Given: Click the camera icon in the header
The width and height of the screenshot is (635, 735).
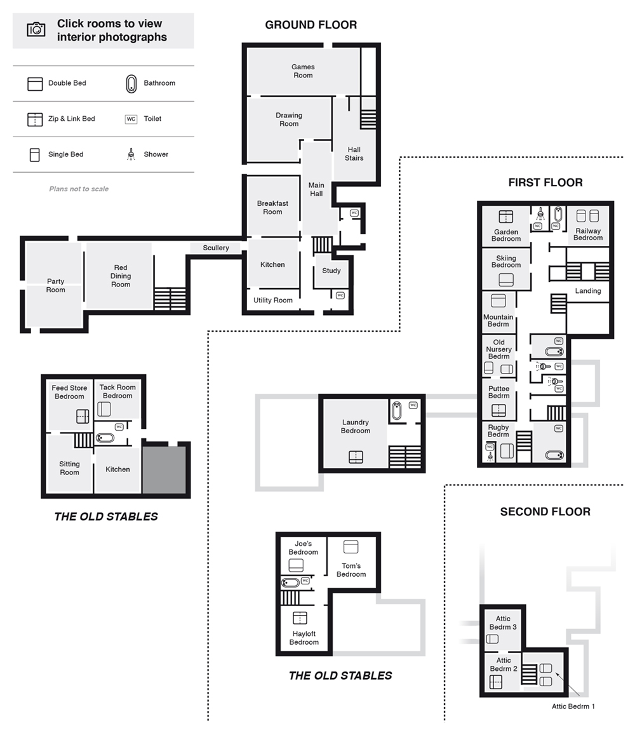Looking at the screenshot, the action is click(36, 29).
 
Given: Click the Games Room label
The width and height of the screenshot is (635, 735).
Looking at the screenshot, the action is click(303, 71).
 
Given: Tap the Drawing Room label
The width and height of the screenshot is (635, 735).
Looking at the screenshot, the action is click(289, 119).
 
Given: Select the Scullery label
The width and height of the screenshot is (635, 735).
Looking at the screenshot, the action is click(215, 248).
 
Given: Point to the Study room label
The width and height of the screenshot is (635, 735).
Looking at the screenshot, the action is click(331, 271).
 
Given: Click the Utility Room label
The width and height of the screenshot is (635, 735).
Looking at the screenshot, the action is click(273, 300).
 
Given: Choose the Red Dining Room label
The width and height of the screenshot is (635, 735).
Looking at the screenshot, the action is click(121, 276).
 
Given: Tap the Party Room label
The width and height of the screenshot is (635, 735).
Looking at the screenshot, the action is click(55, 285).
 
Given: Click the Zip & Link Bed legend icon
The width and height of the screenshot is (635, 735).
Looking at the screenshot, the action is click(35, 119).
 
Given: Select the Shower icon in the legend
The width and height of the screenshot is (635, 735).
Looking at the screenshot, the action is click(131, 154).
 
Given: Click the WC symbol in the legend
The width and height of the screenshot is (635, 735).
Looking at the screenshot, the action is click(131, 119).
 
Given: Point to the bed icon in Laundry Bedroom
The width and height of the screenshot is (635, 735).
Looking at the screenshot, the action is click(356, 457).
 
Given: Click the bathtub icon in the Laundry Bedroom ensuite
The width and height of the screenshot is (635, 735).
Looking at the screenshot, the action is click(397, 410).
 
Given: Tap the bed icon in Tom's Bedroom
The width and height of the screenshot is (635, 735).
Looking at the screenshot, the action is click(351, 546).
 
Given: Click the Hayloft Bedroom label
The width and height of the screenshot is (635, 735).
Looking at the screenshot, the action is click(304, 638).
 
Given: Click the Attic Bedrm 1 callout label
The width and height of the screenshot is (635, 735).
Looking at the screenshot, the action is click(573, 706).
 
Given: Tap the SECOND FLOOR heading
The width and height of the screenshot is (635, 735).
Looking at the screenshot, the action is click(545, 511).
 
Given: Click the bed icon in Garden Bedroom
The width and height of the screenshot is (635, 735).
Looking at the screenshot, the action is click(505, 217).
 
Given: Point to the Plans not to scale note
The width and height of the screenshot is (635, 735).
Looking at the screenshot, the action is click(79, 189).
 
